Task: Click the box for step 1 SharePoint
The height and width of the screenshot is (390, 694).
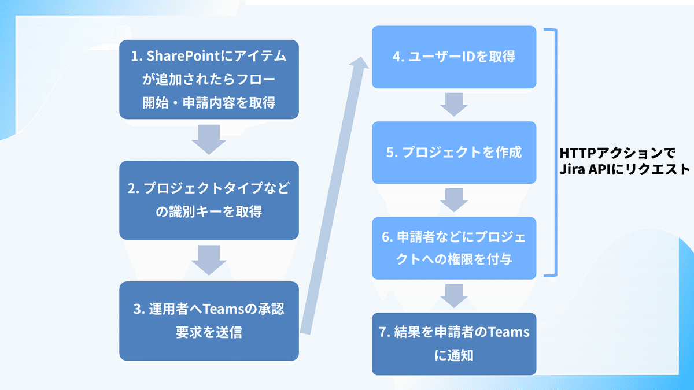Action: coord(209,80)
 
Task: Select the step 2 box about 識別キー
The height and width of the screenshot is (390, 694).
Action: coord(209,200)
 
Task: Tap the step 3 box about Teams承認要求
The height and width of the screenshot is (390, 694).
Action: coord(209,321)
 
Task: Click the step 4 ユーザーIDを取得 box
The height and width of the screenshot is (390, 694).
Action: coord(454,57)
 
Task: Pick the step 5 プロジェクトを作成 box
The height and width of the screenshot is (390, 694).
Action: coord(454,153)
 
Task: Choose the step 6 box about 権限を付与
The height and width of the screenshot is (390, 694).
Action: coord(454,248)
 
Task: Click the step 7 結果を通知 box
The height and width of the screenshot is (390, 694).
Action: coord(454,344)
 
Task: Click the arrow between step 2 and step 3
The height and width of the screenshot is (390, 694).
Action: coord(209,261)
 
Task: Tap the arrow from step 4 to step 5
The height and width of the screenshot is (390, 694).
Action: coord(454,105)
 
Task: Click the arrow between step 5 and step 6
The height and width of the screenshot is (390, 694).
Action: coord(454,200)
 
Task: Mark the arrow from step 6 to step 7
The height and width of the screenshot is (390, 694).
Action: coord(454,296)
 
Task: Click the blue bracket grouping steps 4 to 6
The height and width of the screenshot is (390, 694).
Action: coord(554,153)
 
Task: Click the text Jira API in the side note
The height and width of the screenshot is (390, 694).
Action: coord(587,170)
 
